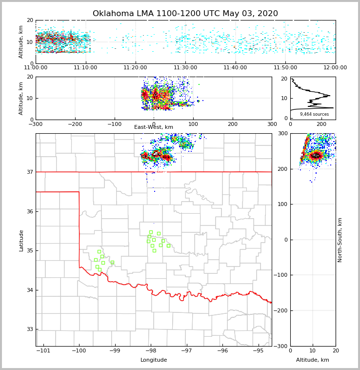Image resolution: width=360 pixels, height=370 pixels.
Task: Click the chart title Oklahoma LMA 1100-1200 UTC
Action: point(185,14)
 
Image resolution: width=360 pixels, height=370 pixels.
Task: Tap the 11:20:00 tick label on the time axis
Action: point(135,68)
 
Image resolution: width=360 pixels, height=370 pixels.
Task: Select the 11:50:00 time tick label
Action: point(285,68)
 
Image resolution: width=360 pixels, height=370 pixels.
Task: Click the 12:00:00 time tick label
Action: point(335,68)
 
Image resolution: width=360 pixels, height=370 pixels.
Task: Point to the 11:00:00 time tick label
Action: point(36,68)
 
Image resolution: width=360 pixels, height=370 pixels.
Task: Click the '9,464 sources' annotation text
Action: point(314,114)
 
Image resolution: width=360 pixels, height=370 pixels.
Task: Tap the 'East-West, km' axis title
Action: point(154,127)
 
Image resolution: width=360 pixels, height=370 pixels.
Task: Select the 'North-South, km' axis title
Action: point(340,240)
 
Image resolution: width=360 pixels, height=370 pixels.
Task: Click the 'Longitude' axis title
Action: point(154,360)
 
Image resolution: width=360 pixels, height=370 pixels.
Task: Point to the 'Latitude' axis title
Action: point(21,240)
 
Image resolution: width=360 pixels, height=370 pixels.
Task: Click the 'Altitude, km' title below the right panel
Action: point(313,360)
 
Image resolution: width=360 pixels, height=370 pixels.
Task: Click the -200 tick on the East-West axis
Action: point(75,124)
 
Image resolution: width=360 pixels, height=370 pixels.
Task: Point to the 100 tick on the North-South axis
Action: point(283,204)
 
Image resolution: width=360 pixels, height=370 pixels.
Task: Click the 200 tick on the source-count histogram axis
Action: point(321,124)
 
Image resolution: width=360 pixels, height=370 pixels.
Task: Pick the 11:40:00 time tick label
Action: point(235,68)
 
